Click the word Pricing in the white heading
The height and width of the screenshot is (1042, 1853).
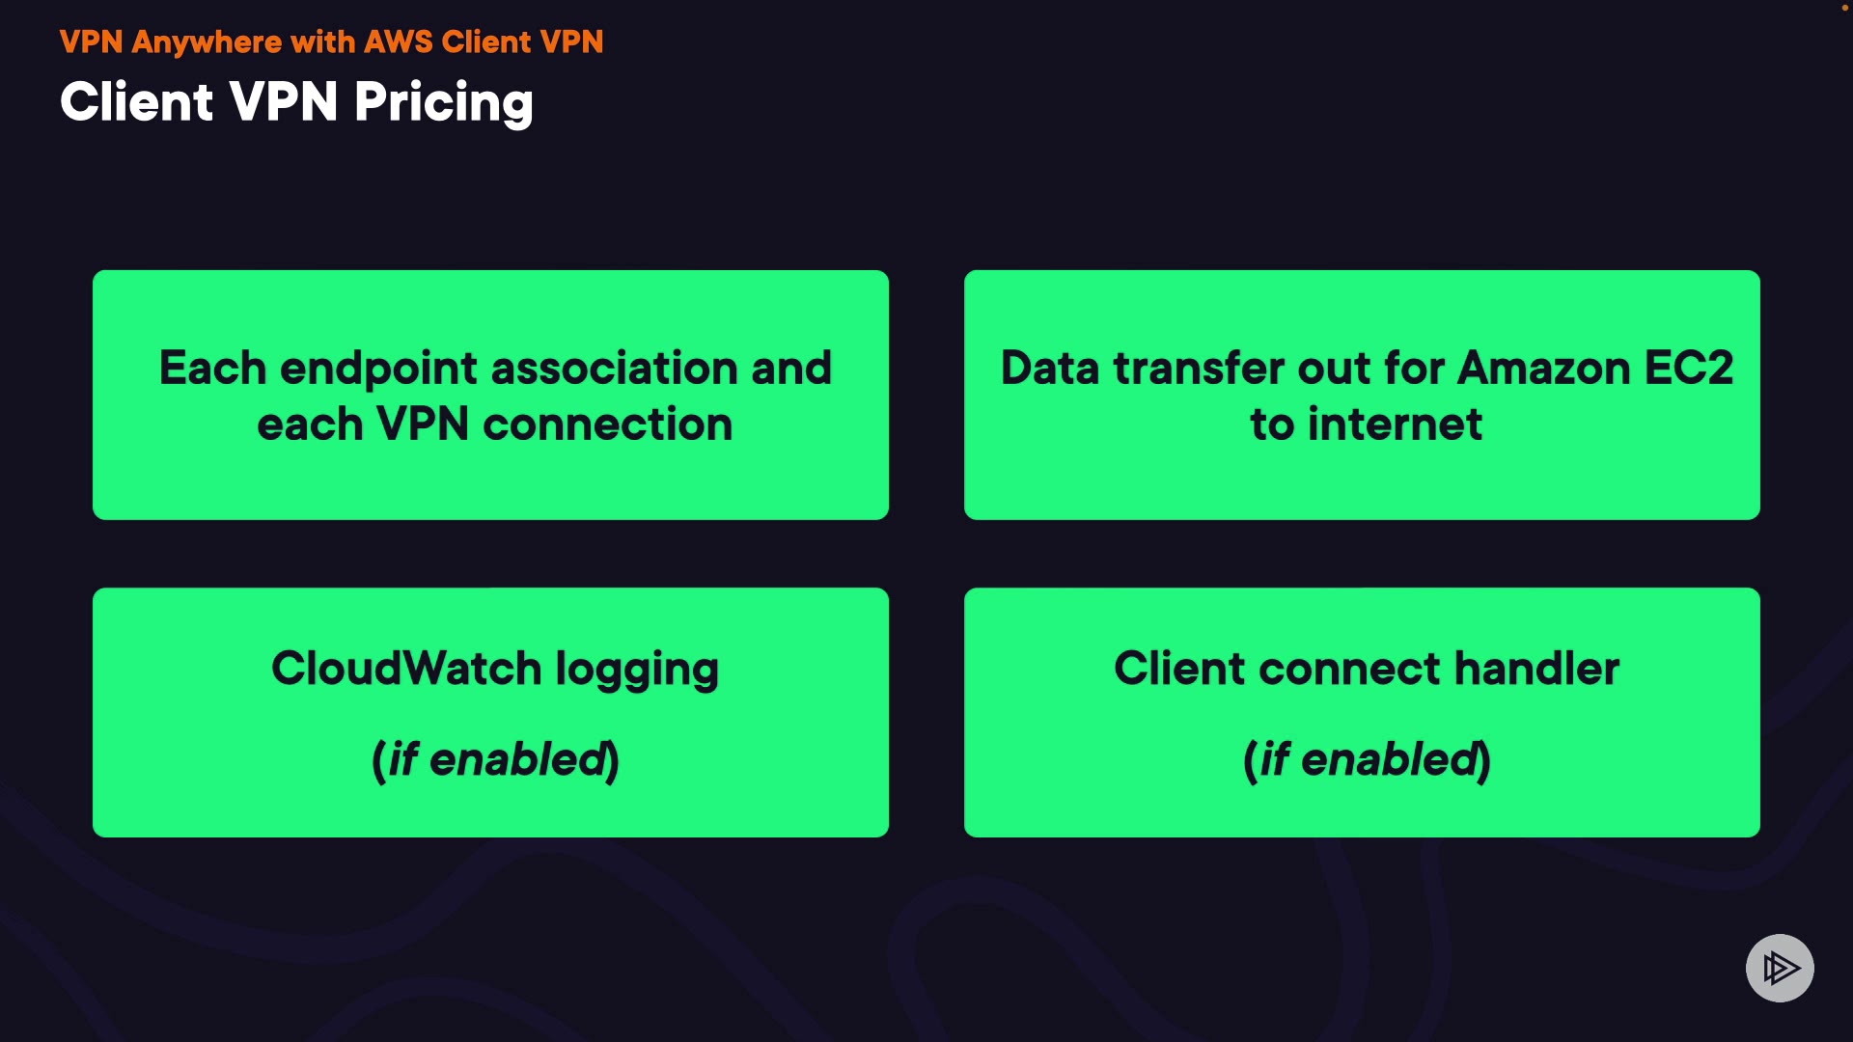[443, 103]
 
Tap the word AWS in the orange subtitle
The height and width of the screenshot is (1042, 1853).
[399, 41]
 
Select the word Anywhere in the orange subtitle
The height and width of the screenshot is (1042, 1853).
[207, 42]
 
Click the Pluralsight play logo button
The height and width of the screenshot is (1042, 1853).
[1780, 968]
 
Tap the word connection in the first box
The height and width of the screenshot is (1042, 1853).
[608, 425]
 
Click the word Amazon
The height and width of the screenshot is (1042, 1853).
[1544, 368]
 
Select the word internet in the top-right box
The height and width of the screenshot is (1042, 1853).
[1395, 425]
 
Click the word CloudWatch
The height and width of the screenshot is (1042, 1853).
[406, 668]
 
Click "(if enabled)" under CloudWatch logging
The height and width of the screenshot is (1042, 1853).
[495, 759]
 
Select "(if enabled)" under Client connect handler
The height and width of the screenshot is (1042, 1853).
[1367, 759]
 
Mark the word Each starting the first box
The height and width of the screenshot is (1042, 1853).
[212, 368]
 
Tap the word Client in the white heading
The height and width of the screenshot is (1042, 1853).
[136, 102]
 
